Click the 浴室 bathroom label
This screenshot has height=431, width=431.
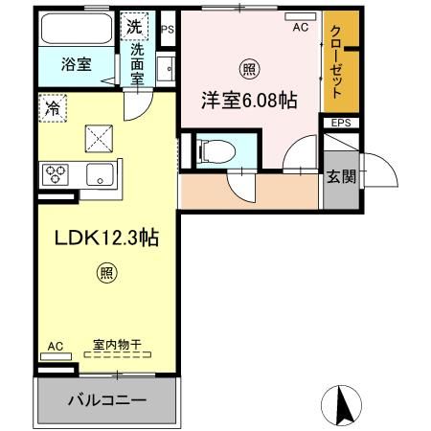(78, 64)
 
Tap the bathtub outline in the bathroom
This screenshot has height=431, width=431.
(79, 31)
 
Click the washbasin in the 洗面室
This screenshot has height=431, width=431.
(165, 69)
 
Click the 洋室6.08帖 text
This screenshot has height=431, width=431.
(248, 100)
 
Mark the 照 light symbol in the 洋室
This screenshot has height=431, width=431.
(248, 69)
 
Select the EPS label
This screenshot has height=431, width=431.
(340, 124)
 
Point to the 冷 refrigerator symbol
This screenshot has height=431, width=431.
(53, 107)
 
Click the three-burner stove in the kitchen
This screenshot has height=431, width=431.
(55, 174)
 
